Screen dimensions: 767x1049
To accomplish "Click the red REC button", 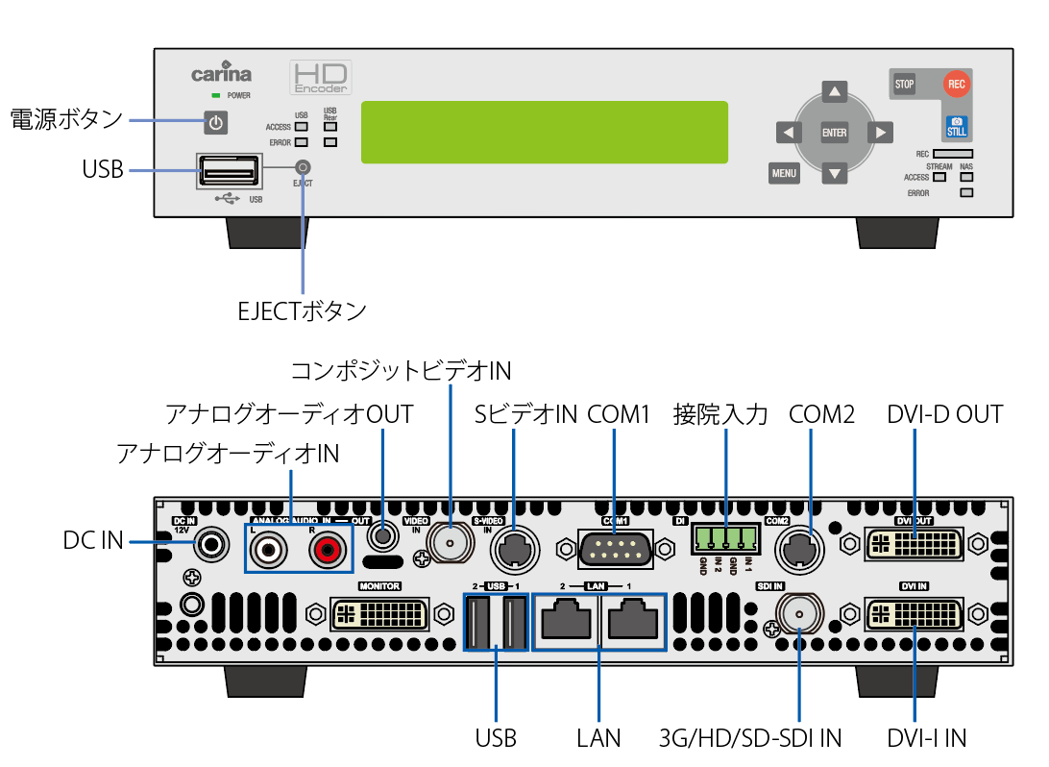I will click(956, 84).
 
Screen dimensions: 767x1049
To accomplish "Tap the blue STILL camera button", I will click(957, 127).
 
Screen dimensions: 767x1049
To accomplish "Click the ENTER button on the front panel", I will click(835, 133).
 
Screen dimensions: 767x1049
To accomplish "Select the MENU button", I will click(784, 174).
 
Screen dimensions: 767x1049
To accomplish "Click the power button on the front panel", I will click(216, 123).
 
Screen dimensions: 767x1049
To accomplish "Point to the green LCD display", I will click(544, 133).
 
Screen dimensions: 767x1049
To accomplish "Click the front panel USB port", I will click(229, 174).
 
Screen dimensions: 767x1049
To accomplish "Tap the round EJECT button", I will click(304, 167).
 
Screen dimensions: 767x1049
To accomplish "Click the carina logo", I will click(221, 74).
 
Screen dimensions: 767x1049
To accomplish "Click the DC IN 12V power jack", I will click(210, 545).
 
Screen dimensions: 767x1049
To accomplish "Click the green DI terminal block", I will click(725, 538).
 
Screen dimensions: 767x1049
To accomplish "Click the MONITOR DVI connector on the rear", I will click(380, 613).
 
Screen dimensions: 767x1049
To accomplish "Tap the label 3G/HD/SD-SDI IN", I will click(750, 738).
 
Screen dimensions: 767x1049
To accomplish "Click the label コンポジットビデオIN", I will click(401, 370).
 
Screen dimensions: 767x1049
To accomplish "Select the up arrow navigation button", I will click(836, 92).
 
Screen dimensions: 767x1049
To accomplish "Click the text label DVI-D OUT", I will click(945, 414).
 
